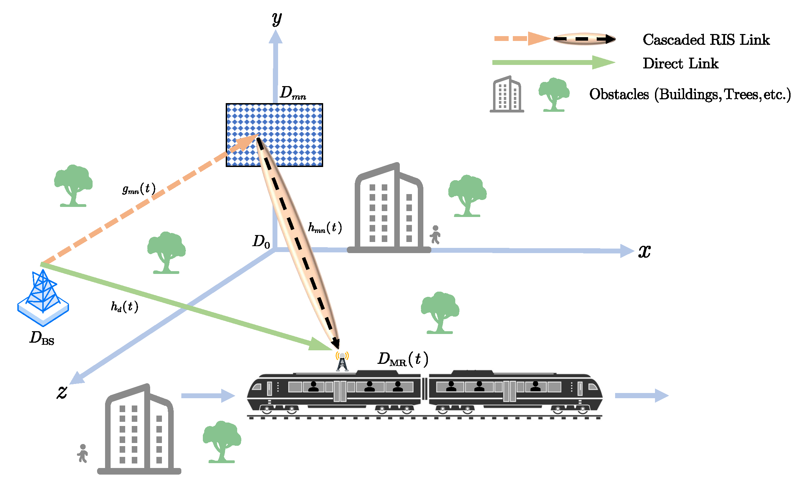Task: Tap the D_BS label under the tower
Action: pos(42,338)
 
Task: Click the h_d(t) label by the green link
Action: pos(124,307)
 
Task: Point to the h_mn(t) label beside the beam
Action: pos(325,228)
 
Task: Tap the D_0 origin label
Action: pos(261,241)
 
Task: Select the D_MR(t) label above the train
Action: pos(403,359)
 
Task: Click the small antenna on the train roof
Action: pos(342,362)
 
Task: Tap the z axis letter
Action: pos(62,392)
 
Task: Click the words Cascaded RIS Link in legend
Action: pos(706,40)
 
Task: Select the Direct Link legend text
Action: pos(680,64)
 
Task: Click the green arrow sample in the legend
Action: pos(553,62)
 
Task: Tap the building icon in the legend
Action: pos(507,94)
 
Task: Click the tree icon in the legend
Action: pos(554,94)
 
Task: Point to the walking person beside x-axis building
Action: pos(435,235)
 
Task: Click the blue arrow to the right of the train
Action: pos(641,395)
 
